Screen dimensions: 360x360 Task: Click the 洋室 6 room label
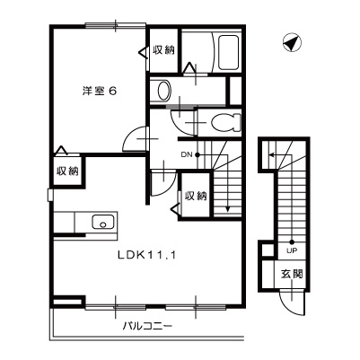pyautogui.click(x=100, y=91)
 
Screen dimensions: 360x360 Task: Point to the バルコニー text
pyautogui.click(x=147, y=326)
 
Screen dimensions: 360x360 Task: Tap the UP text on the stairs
pyautogui.click(x=292, y=250)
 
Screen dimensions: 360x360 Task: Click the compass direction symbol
pyautogui.click(x=288, y=42)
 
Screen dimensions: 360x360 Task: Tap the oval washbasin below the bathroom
pyautogui.click(x=162, y=90)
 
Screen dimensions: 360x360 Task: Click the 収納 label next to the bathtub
pyautogui.click(x=163, y=50)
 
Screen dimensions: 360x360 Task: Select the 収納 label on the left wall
pyautogui.click(x=67, y=171)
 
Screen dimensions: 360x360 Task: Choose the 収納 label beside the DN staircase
pyautogui.click(x=197, y=196)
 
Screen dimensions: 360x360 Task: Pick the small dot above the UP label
pyautogui.click(x=292, y=240)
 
